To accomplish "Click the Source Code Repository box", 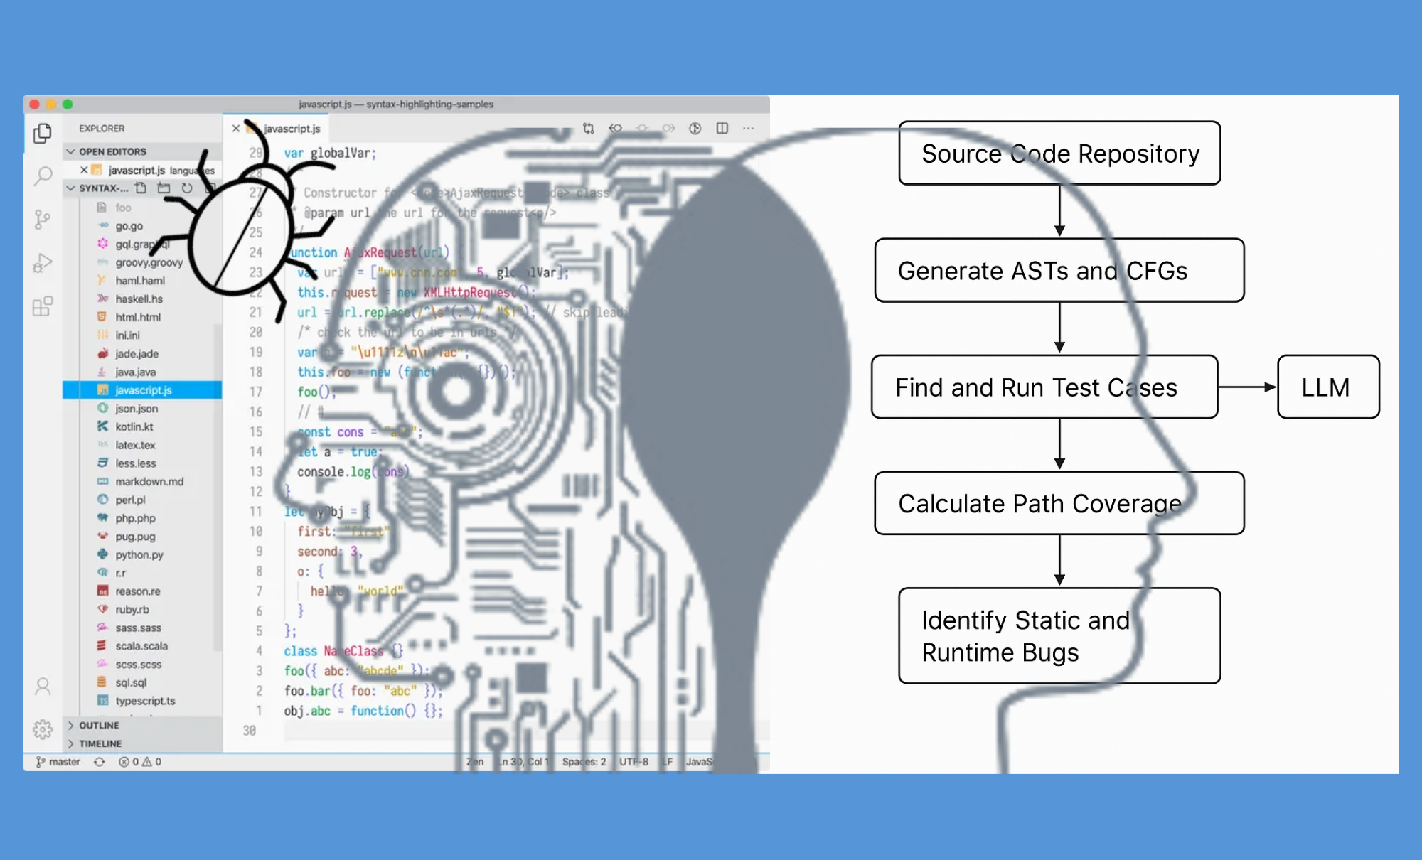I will click(x=1059, y=154).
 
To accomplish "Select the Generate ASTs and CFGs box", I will click(x=1059, y=271).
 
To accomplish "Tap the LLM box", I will click(x=1327, y=387).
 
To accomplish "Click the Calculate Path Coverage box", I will click(x=1059, y=503).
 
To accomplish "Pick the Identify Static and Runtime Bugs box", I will click(x=1059, y=636).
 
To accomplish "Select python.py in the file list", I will click(x=139, y=555).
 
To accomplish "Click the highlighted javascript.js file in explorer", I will click(x=143, y=390).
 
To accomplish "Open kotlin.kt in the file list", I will click(x=134, y=427).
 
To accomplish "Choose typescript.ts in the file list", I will click(x=145, y=701).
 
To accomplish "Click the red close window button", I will click(x=34, y=104).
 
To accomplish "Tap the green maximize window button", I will click(x=68, y=104).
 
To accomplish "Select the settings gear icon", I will click(x=43, y=729).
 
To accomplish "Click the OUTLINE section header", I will click(x=99, y=726).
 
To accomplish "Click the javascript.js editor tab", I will click(x=292, y=129).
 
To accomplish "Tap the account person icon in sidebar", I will click(x=43, y=687).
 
